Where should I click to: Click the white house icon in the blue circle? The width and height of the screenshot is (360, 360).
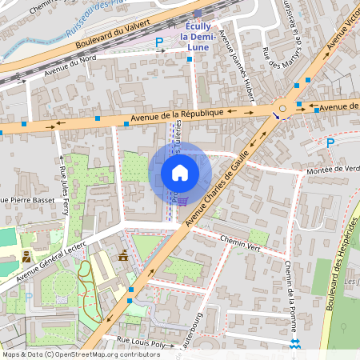click(180, 172)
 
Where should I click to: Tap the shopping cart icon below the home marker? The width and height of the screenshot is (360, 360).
click(182, 202)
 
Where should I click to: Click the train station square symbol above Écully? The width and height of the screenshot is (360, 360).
click(198, 14)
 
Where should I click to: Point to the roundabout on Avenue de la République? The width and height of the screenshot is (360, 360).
click(282, 108)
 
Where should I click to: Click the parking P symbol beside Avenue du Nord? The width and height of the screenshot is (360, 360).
click(159, 42)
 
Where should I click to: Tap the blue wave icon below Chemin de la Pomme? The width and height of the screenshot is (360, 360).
click(294, 342)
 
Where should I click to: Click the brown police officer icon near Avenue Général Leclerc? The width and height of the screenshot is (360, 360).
click(27, 257)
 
